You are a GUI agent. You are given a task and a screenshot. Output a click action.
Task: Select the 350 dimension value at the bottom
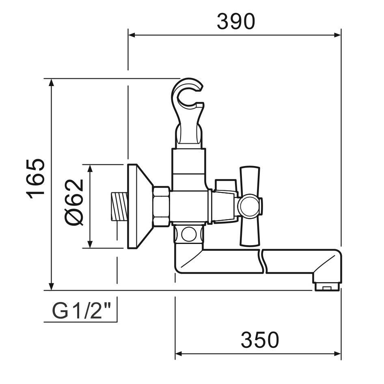pos(260,340)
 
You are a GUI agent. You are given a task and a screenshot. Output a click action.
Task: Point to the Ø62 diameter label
pos(74,202)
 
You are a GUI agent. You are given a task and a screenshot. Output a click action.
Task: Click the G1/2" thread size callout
pos(82,311)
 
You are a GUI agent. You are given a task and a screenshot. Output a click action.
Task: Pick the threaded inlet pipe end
pos(119,207)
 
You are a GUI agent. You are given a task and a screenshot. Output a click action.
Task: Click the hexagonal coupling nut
pos(161,206)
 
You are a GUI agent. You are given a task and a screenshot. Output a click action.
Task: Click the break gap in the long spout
pos(261,262)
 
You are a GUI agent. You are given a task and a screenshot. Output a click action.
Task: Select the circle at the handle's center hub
pos(247,206)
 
